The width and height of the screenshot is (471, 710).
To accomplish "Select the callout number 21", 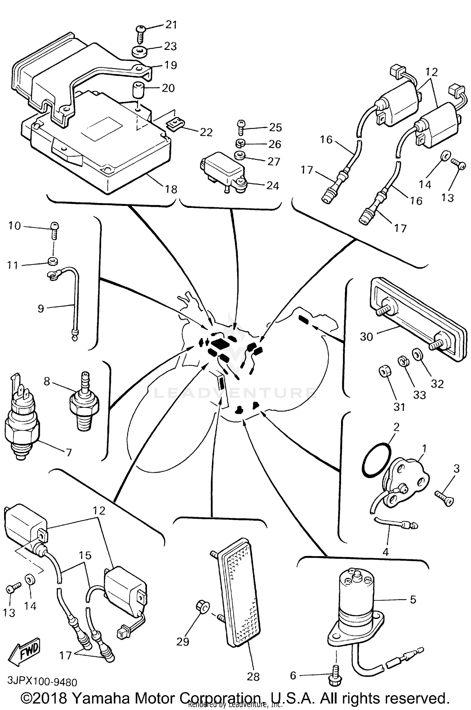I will tap(171, 25).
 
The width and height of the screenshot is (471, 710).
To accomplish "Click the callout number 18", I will tap(171, 189).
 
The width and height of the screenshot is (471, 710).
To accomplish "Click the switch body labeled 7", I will tap(22, 427).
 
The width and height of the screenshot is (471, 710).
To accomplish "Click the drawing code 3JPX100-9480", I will tap(42, 682).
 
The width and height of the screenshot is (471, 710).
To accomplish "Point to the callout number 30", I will tap(366, 337).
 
